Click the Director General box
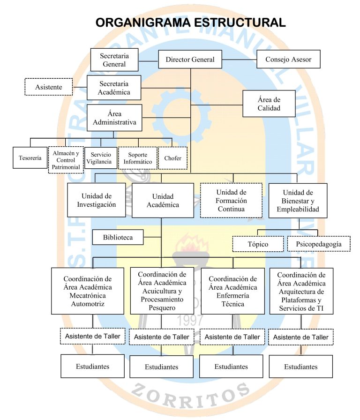[x=190, y=59]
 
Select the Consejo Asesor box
[x=288, y=59]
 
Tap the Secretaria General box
[x=114, y=60]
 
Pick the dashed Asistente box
[x=48, y=87]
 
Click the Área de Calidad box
[x=269, y=104]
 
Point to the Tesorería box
[x=30, y=158]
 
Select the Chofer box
[x=173, y=158]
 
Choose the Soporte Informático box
[x=138, y=158]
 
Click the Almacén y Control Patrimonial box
[x=66, y=160]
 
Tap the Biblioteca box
[x=118, y=237]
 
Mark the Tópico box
[x=258, y=244]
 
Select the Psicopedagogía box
[x=319, y=244]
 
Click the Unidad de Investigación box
[x=97, y=200]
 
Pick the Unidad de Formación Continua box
[x=231, y=200]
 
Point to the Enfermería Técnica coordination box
[x=233, y=291]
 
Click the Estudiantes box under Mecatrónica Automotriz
[x=92, y=366]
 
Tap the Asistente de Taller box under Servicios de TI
[x=301, y=337]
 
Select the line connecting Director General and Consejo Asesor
[x=239, y=59]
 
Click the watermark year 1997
[x=190, y=320]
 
